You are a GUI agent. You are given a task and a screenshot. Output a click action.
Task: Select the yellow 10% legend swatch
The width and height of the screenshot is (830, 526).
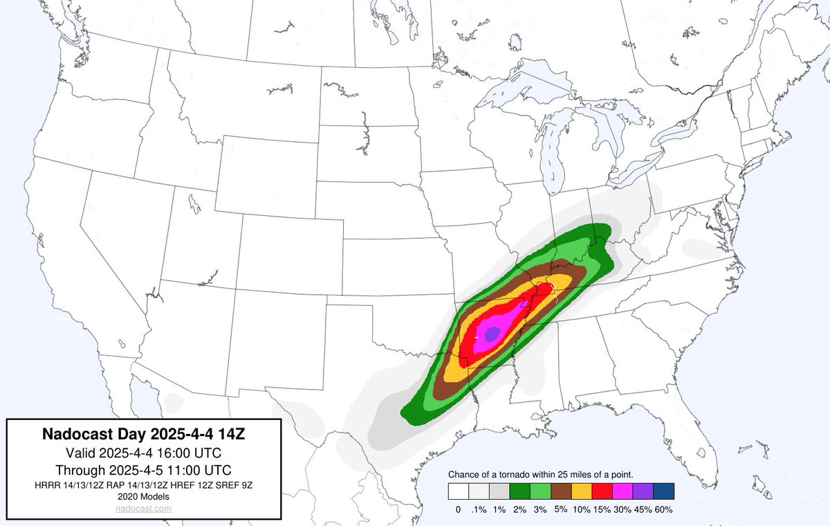click(x=582, y=491)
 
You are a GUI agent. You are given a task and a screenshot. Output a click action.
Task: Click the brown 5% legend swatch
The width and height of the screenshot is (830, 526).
click(x=561, y=491)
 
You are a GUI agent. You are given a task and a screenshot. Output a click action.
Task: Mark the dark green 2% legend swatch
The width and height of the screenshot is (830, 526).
click(x=520, y=491)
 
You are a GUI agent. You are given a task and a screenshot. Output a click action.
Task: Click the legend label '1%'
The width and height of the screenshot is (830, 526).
click(x=499, y=509)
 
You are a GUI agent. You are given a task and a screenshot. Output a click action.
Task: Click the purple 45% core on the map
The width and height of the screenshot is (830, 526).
click(x=491, y=334)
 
